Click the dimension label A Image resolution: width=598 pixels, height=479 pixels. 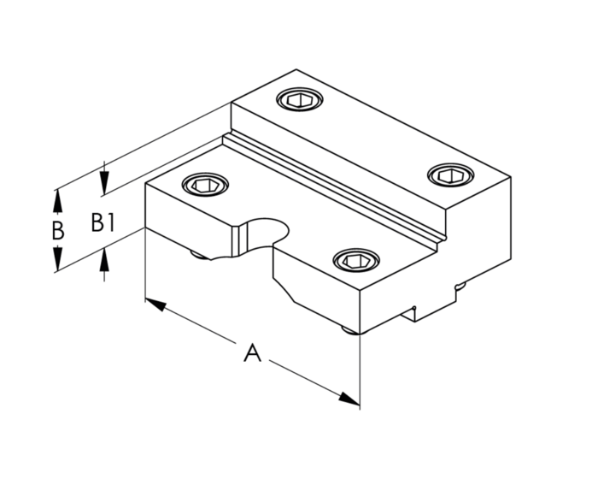point(251,352)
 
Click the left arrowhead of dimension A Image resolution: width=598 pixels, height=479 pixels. point(154,304)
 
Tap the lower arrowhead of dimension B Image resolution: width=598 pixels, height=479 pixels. point(57,261)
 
